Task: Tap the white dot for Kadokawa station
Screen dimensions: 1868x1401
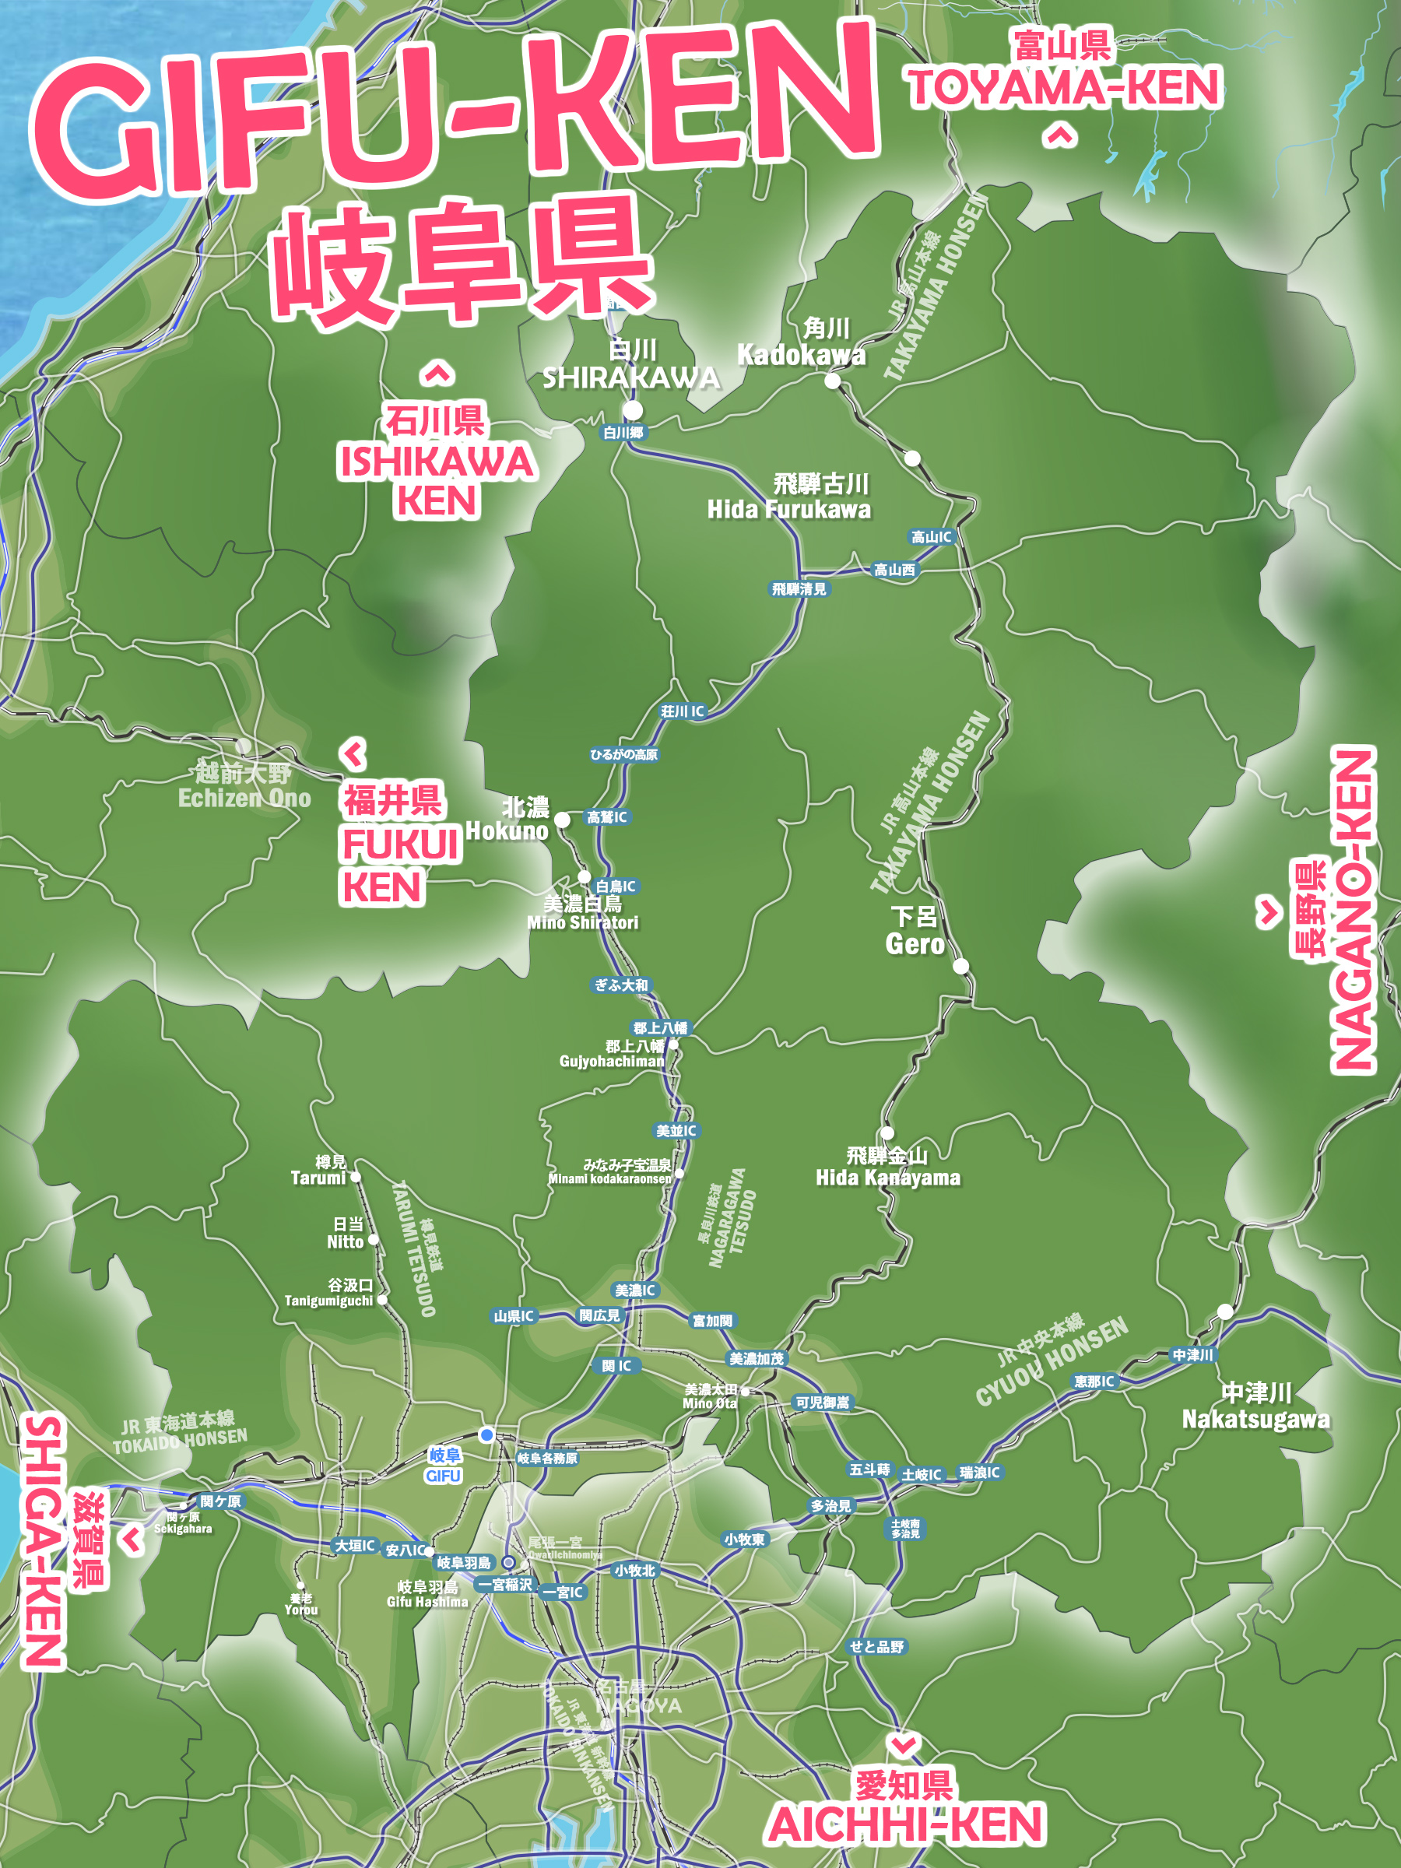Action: [833, 381]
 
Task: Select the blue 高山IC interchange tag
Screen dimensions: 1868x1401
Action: [931, 537]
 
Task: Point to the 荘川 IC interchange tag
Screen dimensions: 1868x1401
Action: [682, 712]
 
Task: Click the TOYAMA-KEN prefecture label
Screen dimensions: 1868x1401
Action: [1064, 88]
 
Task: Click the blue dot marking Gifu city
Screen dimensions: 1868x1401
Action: [486, 1434]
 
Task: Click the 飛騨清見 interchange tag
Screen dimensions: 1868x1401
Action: [799, 589]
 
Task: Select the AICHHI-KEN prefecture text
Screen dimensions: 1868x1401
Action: [906, 1824]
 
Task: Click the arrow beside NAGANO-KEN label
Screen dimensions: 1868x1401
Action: [1269, 912]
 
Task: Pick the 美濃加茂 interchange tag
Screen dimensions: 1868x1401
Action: [757, 1359]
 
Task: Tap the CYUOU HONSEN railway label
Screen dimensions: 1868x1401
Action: [1052, 1362]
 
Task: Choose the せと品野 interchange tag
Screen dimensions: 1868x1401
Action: [876, 1647]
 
